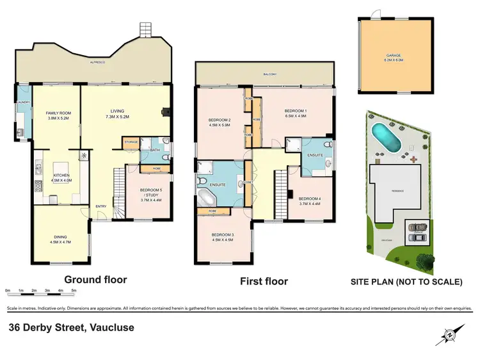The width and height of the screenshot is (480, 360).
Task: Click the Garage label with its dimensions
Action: click(393, 58)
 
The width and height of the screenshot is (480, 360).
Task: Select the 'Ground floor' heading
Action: click(95, 279)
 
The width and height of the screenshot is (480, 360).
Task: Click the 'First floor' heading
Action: click(264, 281)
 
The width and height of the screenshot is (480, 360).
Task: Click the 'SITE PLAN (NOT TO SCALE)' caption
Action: click(406, 281)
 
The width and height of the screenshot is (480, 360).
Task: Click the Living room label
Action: click(116, 113)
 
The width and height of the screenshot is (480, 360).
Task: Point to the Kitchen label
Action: click(61, 177)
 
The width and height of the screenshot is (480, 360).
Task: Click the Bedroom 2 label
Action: click(220, 122)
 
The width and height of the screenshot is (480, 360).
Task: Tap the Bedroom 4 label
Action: click(309, 200)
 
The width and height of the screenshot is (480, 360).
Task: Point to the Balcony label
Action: click(269, 75)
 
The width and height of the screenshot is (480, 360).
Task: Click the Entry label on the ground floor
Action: click(101, 206)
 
